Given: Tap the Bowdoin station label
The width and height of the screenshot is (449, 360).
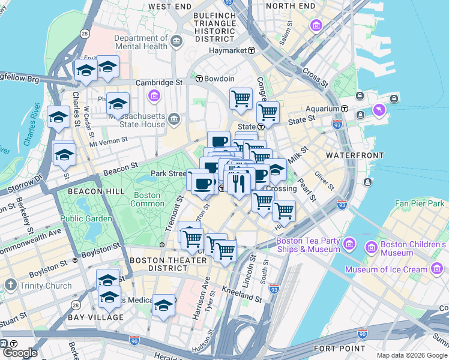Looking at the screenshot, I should tap(218, 79).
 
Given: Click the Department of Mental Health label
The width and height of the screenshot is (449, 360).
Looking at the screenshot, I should tap(141, 42).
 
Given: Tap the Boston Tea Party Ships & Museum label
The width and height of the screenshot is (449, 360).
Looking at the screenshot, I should tap(309, 246).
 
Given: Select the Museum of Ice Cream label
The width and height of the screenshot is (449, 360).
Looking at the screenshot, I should tap(387, 269).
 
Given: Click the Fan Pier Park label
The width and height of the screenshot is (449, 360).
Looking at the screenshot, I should tap(419, 204).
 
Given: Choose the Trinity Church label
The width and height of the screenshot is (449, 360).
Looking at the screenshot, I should tap(44, 286).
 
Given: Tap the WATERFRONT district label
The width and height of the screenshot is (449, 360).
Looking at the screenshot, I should tap(354, 155).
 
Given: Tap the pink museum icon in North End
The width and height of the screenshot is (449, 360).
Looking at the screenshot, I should tap(316, 26).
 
